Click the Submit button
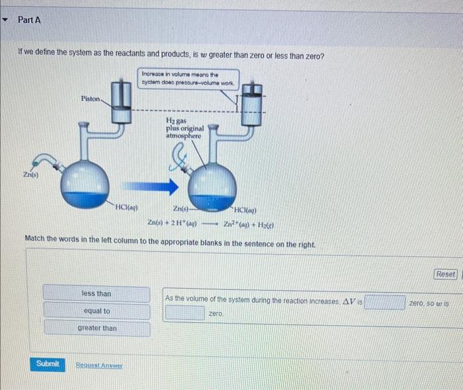pos(48,364)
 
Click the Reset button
pos(445,274)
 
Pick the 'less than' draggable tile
pos(97,293)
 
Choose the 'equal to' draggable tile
pos(97,311)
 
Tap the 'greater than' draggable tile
pos(97,328)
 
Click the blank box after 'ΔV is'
pos(384,302)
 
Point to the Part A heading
pos(30,20)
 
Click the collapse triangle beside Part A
pos(6,20)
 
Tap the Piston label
pos(91,98)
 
